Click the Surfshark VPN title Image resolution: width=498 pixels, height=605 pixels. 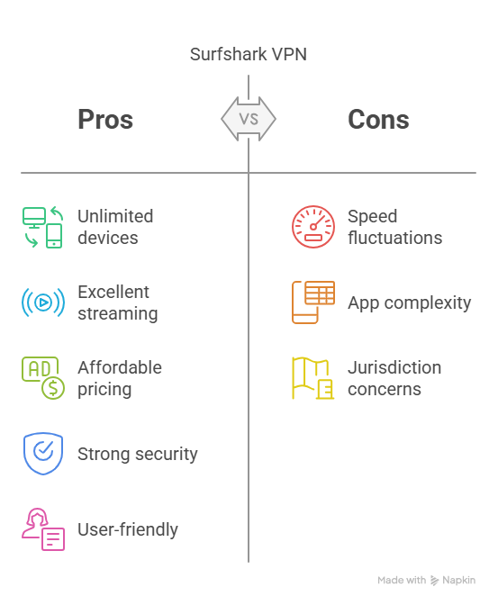pos(249,54)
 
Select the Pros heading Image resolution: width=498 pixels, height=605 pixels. pos(105,119)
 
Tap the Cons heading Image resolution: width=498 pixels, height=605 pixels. pos(378,119)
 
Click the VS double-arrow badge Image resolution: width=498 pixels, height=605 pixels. pos(249,119)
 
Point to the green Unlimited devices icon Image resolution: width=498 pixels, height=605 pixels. pos(43,227)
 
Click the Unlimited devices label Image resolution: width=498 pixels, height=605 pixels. pos(115,227)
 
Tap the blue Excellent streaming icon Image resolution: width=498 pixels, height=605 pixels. pos(43,302)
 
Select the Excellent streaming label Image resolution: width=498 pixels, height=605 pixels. pos(118,302)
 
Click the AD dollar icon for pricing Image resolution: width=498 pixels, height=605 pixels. pos(43,378)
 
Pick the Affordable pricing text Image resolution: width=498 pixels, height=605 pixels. pos(120,378)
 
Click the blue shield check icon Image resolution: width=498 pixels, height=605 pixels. pos(43,454)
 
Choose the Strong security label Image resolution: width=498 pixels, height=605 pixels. pos(138,454)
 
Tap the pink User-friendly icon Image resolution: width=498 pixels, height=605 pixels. pos(43,529)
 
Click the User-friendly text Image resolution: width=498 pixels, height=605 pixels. pos(128,529)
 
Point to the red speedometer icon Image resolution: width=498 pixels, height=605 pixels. pos(313,227)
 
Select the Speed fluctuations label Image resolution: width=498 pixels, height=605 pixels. pos(395,227)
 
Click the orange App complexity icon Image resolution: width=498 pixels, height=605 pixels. pos(313,302)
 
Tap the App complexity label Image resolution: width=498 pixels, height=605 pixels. pos(409,303)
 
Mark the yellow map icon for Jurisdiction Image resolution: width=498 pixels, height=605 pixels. pos(313,378)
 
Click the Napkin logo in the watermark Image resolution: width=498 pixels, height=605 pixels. pos(434,581)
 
